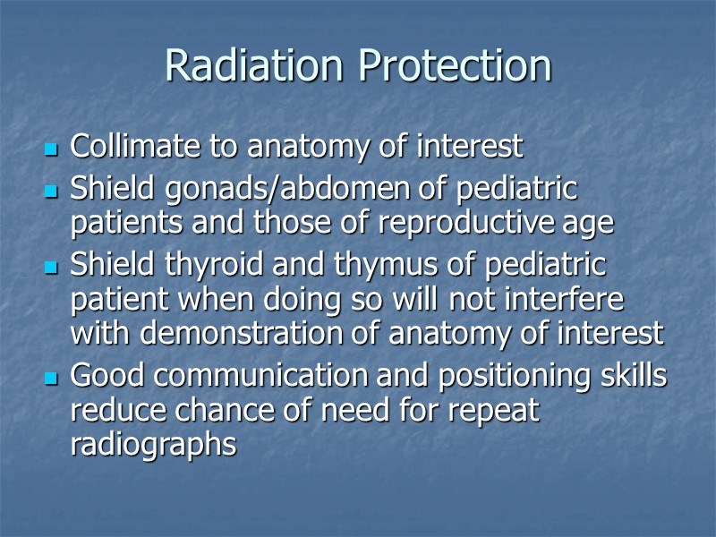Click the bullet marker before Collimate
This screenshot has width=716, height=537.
50,148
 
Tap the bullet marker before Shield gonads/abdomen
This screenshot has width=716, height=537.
50,192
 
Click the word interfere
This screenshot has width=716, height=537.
565,299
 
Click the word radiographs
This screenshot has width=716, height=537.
153,445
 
